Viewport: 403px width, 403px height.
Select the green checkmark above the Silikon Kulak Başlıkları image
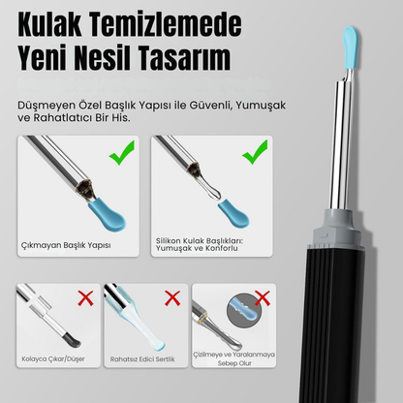coord(255,151)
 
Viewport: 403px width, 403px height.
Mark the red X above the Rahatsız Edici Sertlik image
coord(172,297)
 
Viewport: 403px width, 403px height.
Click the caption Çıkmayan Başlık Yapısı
coord(66,244)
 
